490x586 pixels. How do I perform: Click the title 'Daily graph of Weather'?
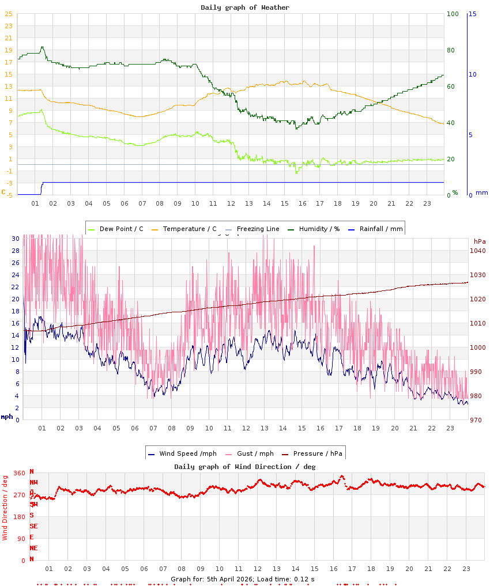(245, 7)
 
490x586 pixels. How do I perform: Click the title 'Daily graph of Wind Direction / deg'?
(245, 466)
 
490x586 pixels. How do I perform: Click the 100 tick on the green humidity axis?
(452, 14)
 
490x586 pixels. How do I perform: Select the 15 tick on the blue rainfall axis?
(473, 14)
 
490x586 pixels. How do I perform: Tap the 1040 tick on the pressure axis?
(478, 251)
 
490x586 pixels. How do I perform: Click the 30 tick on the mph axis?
(16, 239)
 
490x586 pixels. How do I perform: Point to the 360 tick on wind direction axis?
(19, 473)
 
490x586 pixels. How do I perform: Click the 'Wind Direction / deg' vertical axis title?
(5, 508)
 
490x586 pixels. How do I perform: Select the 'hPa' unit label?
(480, 241)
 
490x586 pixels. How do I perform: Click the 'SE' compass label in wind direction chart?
(33, 526)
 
